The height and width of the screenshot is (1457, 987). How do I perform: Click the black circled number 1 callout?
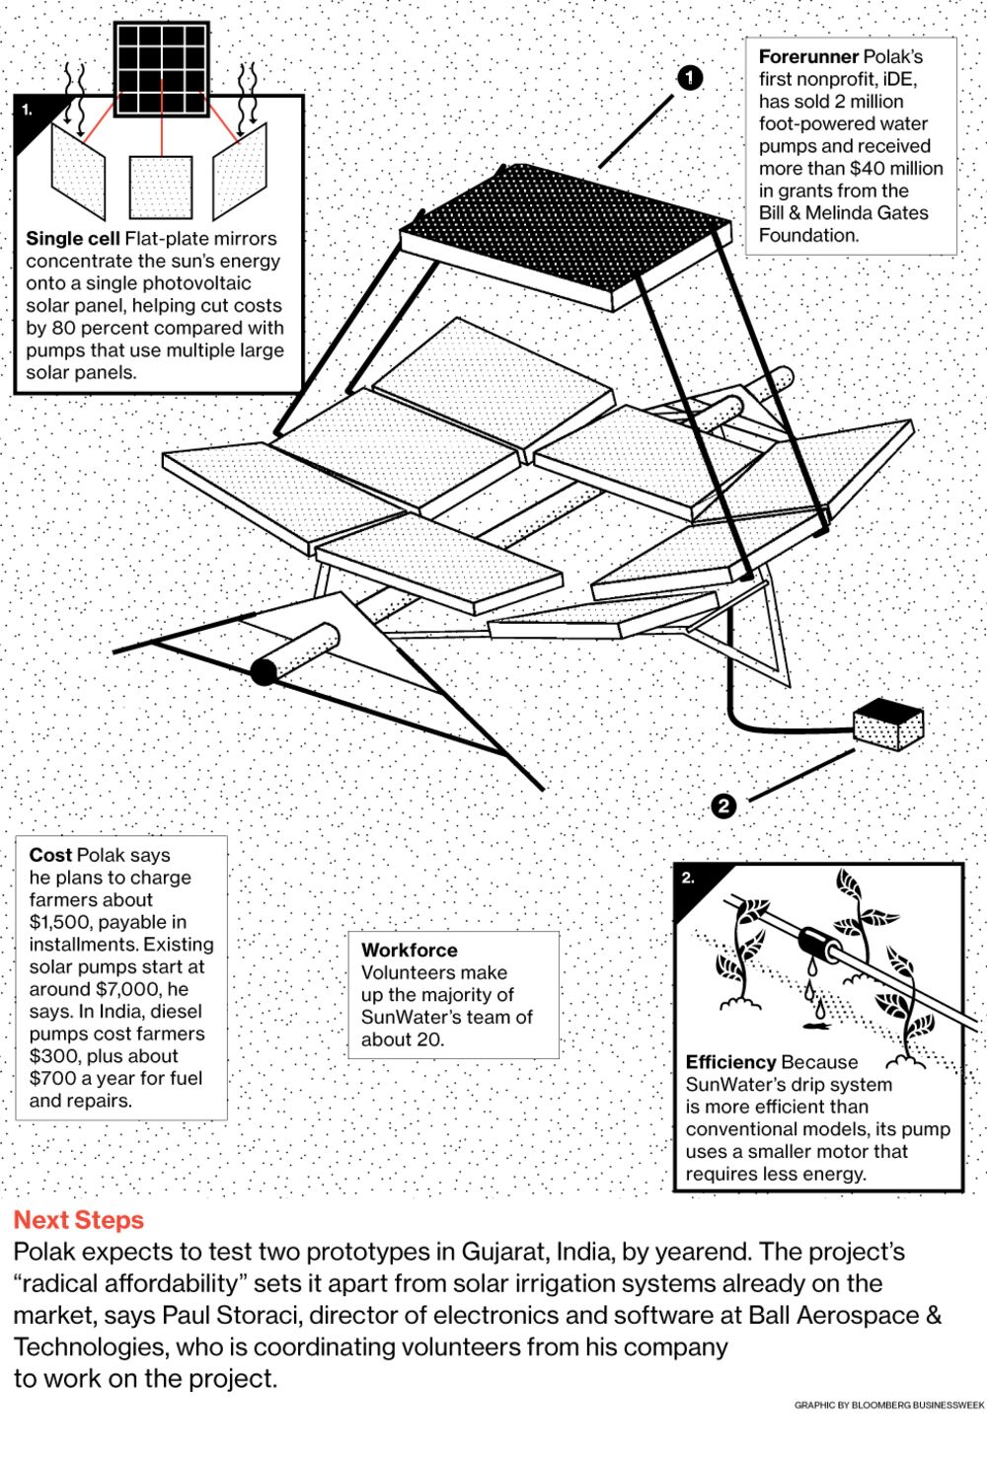tap(689, 77)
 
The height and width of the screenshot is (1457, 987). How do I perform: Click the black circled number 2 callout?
tap(723, 805)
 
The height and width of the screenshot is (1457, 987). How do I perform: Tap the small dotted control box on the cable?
tap(887, 725)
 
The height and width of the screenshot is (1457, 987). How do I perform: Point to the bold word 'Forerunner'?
tap(808, 57)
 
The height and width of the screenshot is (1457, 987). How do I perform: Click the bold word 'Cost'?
tap(50, 855)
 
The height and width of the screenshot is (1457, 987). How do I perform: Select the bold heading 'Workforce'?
tap(410, 950)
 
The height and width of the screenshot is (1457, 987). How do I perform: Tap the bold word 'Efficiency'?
tap(731, 1062)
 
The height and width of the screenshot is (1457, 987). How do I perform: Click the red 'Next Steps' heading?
tap(79, 1220)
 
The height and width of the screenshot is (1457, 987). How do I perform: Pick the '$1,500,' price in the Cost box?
tap(63, 922)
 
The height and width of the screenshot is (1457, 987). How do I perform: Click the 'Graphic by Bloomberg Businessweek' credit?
tap(888, 1405)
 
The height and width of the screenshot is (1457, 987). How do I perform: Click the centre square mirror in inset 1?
tap(161, 187)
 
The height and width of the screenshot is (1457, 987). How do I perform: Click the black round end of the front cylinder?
tap(264, 671)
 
